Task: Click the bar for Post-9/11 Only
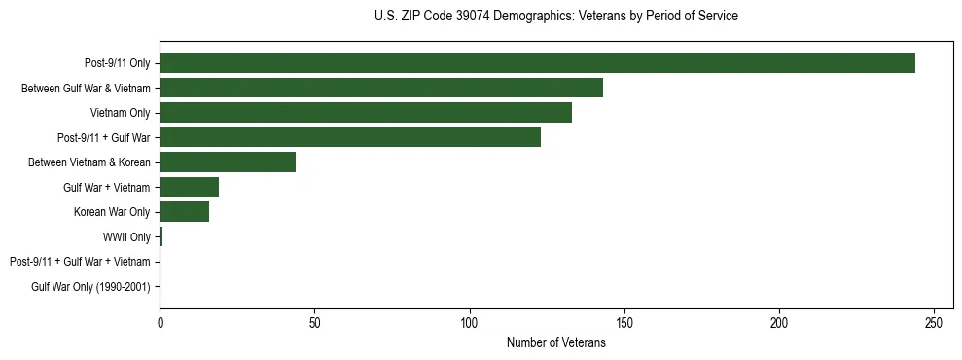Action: pos(537,63)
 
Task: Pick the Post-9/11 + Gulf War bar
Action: pos(350,137)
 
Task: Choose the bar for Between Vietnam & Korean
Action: pos(228,162)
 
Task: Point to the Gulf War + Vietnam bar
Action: pos(189,187)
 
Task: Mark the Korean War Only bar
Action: pos(184,212)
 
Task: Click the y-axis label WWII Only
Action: pos(126,237)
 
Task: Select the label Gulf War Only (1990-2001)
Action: pos(90,287)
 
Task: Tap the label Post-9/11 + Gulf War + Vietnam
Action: pos(80,262)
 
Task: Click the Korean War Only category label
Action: pos(112,212)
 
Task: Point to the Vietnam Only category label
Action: pos(120,113)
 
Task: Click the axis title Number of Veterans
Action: pos(555,342)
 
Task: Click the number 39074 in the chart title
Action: pos(472,17)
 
